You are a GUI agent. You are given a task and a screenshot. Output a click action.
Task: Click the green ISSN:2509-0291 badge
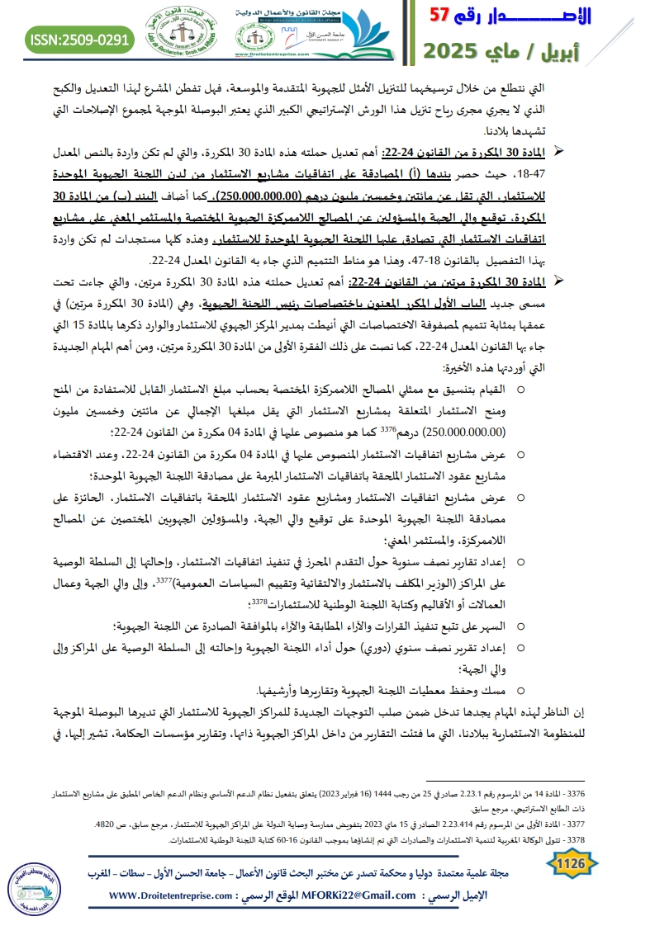click(x=79, y=39)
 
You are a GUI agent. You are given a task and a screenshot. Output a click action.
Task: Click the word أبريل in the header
click(x=612, y=51)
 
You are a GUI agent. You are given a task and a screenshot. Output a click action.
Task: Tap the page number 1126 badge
click(x=571, y=863)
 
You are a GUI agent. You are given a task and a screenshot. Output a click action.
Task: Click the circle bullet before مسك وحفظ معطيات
click(x=521, y=666)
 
